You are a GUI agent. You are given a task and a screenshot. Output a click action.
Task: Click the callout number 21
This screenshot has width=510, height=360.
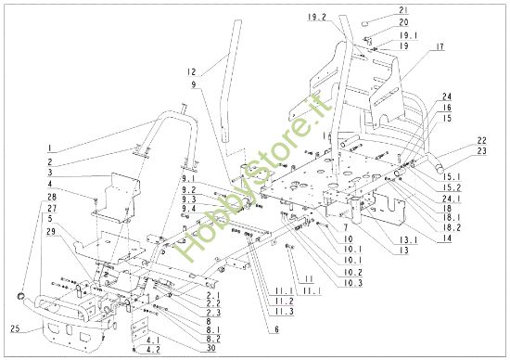403,11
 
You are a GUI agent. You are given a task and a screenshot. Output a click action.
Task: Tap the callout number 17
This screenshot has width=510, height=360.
440,47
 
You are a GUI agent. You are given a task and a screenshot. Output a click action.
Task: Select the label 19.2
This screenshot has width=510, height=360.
317,18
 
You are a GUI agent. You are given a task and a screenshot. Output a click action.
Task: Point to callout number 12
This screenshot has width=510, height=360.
192,71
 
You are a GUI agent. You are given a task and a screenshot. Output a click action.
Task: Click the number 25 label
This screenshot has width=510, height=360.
16,328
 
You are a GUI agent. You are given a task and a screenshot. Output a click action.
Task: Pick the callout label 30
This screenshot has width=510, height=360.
211,348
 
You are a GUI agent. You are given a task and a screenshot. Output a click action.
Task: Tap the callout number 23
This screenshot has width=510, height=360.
481,151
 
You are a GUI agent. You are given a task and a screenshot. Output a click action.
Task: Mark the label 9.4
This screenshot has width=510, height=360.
189,209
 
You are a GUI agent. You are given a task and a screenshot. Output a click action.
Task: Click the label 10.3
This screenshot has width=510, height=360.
353,283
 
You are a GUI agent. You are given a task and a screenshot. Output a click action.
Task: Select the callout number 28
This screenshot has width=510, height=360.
51,198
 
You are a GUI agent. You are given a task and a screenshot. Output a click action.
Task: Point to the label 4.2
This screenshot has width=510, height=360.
153,350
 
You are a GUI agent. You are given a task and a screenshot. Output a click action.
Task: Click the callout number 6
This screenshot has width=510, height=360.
276,329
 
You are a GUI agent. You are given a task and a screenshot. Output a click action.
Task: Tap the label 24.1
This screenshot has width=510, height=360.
453,198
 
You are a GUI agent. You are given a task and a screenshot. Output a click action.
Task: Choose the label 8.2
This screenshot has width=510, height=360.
213,339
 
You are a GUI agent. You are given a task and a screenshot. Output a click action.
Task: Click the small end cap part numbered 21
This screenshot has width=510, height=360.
366,23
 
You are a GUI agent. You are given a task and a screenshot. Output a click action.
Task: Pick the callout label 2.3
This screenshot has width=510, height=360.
213,313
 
